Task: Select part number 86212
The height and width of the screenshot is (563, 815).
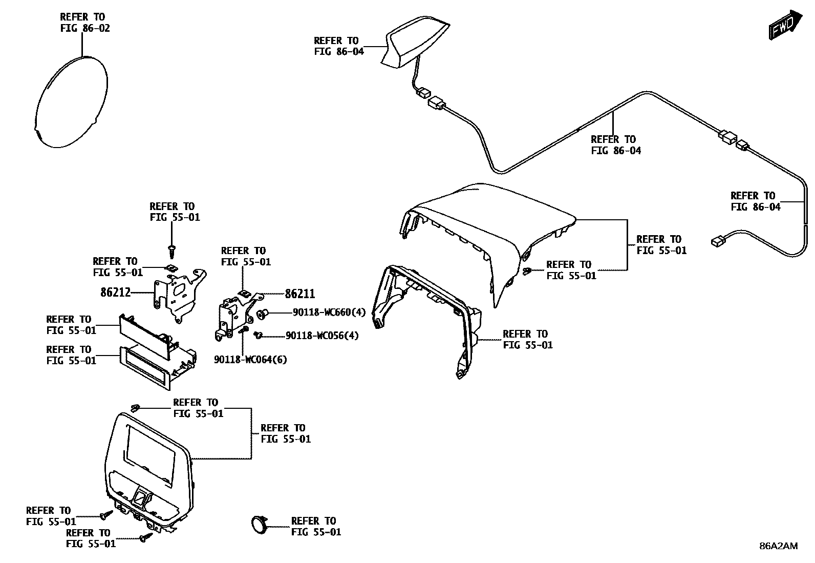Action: [115, 293]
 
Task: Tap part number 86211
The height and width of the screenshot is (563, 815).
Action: [299, 294]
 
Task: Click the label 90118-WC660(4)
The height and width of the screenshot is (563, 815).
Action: [329, 312]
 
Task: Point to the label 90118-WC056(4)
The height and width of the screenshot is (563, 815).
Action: [322, 336]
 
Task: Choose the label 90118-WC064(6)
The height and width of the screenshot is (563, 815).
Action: [250, 360]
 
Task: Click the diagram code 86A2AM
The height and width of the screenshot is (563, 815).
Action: [778, 546]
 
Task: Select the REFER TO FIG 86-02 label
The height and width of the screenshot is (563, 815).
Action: [84, 23]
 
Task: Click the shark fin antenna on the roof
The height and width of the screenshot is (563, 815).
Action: [414, 44]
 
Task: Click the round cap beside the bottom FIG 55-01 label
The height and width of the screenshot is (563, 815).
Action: [259, 525]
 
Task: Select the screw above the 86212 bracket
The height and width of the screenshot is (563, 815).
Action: [171, 250]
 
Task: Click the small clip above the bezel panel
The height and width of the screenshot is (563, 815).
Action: [135, 408]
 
